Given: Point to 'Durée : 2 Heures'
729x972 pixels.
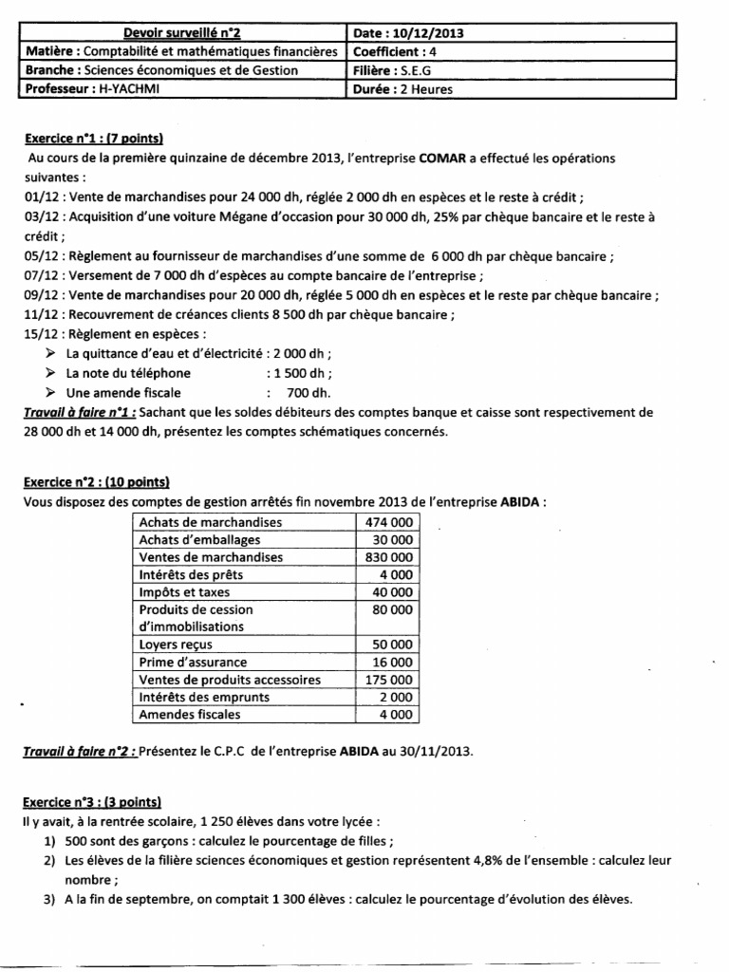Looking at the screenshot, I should [402, 88].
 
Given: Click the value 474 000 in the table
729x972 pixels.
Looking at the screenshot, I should [388, 522].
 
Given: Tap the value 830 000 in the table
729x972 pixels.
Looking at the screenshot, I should [388, 557].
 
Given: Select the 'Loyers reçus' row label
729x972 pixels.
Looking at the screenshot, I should [176, 645].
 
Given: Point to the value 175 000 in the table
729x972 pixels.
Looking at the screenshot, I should [388, 680].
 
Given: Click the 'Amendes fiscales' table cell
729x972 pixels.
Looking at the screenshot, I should [190, 715].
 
